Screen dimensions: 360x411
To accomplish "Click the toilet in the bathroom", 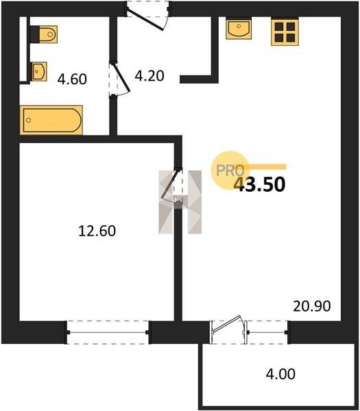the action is click(44, 34).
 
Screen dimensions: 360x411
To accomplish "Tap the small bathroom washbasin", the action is click(39, 71).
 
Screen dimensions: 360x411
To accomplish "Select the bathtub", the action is click(51, 120).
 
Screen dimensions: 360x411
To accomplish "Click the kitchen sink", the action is click(239, 28).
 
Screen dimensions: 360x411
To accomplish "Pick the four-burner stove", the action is click(285, 32).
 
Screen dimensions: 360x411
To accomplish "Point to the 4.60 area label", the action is click(72, 79).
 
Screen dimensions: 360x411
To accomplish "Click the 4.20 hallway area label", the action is click(149, 76).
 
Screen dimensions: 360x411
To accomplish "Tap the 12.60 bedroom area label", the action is click(97, 231).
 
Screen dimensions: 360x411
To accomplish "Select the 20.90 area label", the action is click(312, 306).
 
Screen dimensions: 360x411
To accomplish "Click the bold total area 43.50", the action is click(259, 184).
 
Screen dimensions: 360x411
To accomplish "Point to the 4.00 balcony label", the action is click(280, 374).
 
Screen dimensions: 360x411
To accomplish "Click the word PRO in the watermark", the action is click(230, 171).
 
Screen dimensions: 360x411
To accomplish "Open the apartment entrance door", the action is click(147, 16).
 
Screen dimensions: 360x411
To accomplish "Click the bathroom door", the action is click(119, 79).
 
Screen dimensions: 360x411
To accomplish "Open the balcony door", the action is click(228, 329).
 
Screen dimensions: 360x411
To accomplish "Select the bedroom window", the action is click(108, 332).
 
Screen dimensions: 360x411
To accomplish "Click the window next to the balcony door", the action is click(268, 332).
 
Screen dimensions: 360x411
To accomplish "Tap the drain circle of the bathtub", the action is click(29, 121).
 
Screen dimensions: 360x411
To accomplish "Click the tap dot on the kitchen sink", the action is click(239, 26).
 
